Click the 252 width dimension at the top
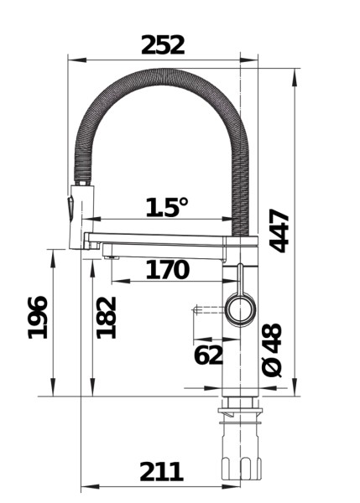[x=163, y=44]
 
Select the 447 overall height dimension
[x=280, y=230]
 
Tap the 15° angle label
[x=167, y=207]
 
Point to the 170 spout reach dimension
[x=167, y=270]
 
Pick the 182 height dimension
[x=106, y=317]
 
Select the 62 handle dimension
[x=208, y=355]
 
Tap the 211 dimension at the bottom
[x=161, y=472]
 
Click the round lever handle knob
[x=240, y=309]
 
